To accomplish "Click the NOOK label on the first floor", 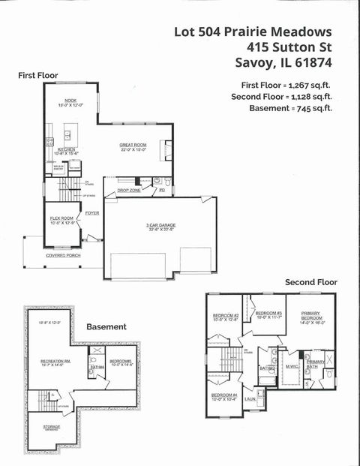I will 70,100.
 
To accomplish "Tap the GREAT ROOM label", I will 133,144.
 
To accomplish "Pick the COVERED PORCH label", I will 62,255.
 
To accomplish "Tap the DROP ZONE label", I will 128,191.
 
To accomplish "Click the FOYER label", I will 91,213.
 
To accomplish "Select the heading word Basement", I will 106,327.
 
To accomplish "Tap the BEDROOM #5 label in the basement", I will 121,361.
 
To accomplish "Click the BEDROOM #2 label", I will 225,315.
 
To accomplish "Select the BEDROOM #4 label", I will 223,395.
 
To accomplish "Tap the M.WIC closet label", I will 291,366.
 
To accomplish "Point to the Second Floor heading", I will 310,282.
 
